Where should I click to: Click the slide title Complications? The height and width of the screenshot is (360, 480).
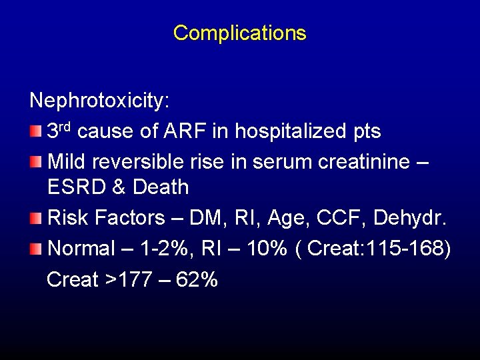[x=239, y=33]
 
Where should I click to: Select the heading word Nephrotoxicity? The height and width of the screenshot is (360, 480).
[x=99, y=101]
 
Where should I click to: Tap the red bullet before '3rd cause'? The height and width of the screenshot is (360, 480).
[x=36, y=130]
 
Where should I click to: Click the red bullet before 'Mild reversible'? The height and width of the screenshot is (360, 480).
[x=36, y=161]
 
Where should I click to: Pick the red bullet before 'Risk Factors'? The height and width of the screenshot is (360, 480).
[x=36, y=217]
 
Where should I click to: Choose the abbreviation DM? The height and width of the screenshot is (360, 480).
[x=204, y=218]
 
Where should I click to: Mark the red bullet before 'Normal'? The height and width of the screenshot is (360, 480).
[x=36, y=249]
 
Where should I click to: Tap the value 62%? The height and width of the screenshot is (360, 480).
[x=199, y=280]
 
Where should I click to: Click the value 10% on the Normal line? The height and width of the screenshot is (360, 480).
[x=266, y=249]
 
